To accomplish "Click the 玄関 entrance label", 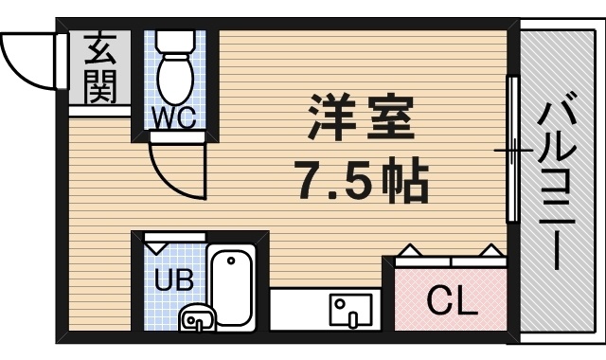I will click(x=98, y=68).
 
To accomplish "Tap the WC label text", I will click(x=175, y=117).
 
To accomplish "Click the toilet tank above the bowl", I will click(x=174, y=41).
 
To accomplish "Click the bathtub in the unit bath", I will click(x=232, y=288).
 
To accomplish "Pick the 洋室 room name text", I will click(x=359, y=118).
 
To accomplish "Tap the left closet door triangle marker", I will click(x=409, y=251).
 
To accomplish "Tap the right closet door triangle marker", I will click(x=492, y=251).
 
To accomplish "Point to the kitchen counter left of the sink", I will click(x=298, y=310).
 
